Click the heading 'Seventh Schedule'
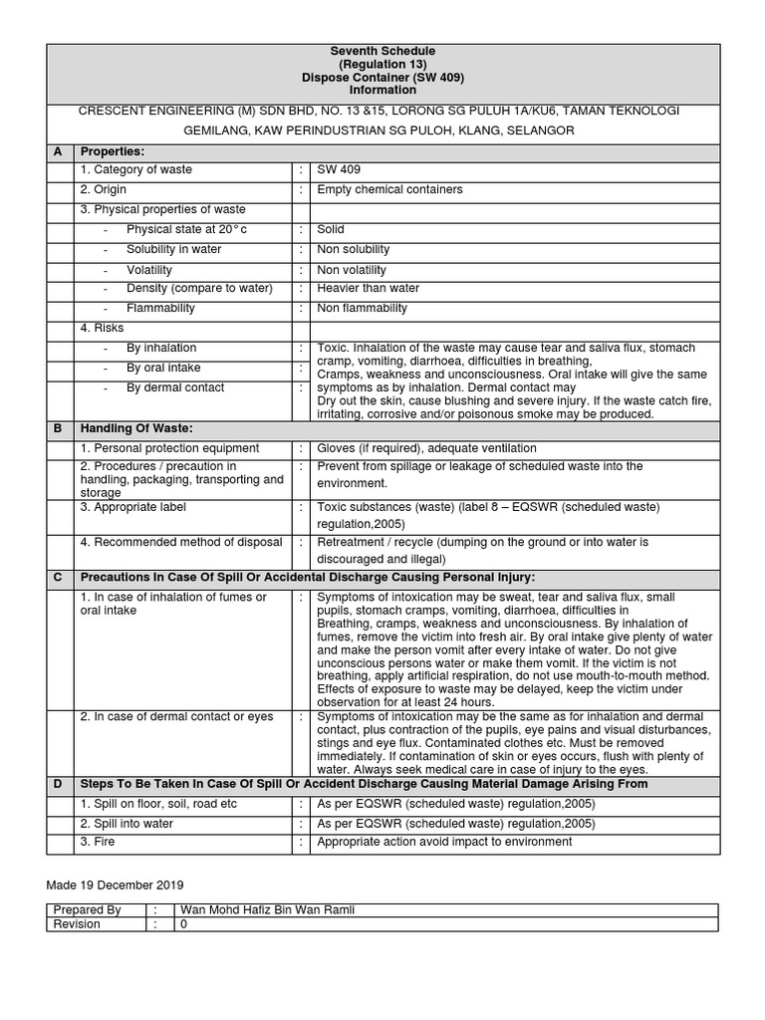pyautogui.click(x=382, y=51)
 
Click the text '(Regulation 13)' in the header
pyautogui.click(x=382, y=64)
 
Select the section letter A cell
pyautogui.click(x=58, y=151)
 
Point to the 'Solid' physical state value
pyautogui.click(x=331, y=229)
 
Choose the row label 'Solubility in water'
pyautogui.click(x=174, y=249)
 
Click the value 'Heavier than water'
pyautogui.click(x=369, y=289)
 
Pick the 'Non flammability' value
pyautogui.click(x=362, y=309)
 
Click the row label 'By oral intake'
pyautogui.click(x=163, y=368)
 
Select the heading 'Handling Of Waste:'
pyautogui.click(x=136, y=428)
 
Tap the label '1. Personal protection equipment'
pyautogui.click(x=169, y=448)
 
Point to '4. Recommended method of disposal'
pyautogui.click(x=181, y=543)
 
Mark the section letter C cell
pyautogui.click(x=58, y=578)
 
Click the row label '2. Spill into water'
pyautogui.click(x=127, y=824)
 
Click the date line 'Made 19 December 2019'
pyautogui.click(x=115, y=885)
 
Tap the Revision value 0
pyautogui.click(x=182, y=924)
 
